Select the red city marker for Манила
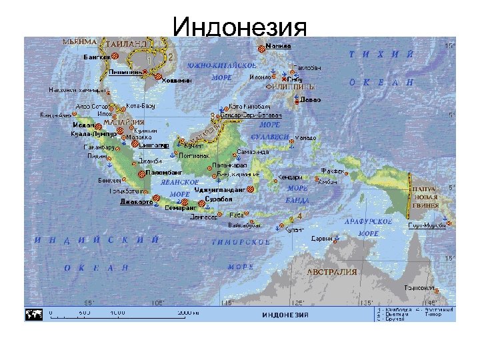coord(260,47)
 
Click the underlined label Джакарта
coord(136,201)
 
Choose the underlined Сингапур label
coord(153,144)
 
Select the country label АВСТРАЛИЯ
coord(331,272)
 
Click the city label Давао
coord(310,99)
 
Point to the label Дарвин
coord(322,238)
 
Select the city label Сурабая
coord(218,199)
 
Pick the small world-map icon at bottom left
coord(36,313)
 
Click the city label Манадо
coord(305,138)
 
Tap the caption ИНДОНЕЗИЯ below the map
coord(285,315)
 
